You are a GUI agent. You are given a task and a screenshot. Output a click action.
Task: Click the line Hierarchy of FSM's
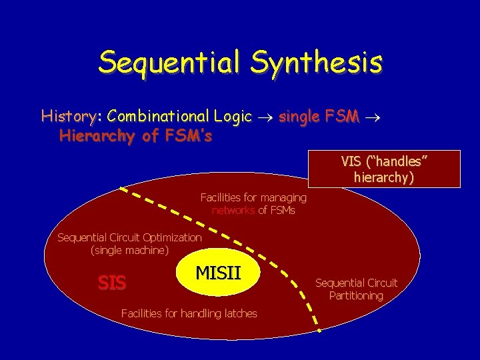coord(136,136)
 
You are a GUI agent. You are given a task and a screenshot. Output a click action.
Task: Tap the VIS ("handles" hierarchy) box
coord(383,169)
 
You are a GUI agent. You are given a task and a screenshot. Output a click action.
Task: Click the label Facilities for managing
coord(253,197)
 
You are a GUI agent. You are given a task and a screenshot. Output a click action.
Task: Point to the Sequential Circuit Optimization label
coord(129,237)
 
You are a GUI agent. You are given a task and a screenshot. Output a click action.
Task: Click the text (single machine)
coord(129,251)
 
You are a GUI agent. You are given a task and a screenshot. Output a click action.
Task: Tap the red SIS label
coord(111,283)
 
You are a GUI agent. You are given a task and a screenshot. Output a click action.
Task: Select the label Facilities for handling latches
coord(189,313)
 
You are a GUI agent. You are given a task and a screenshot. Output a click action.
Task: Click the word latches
coord(238,313)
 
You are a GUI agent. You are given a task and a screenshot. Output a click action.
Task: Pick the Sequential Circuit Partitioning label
coord(356,289)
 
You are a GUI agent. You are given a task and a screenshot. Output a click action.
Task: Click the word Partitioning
coord(356,295)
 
